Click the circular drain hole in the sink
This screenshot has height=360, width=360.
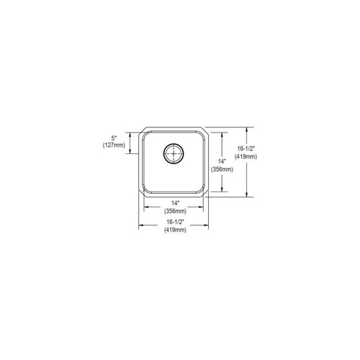point(174,153)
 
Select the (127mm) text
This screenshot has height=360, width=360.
point(113,145)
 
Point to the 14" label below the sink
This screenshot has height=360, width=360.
point(174,203)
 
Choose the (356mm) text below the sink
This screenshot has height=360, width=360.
point(174,211)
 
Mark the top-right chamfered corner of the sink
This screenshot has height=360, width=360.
point(207,131)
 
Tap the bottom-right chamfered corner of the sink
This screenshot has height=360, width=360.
point(207,194)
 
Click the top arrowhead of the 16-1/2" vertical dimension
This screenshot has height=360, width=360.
point(249,130)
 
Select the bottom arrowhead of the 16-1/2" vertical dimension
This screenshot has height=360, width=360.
point(249,196)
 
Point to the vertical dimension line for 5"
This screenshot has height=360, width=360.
point(130,141)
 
